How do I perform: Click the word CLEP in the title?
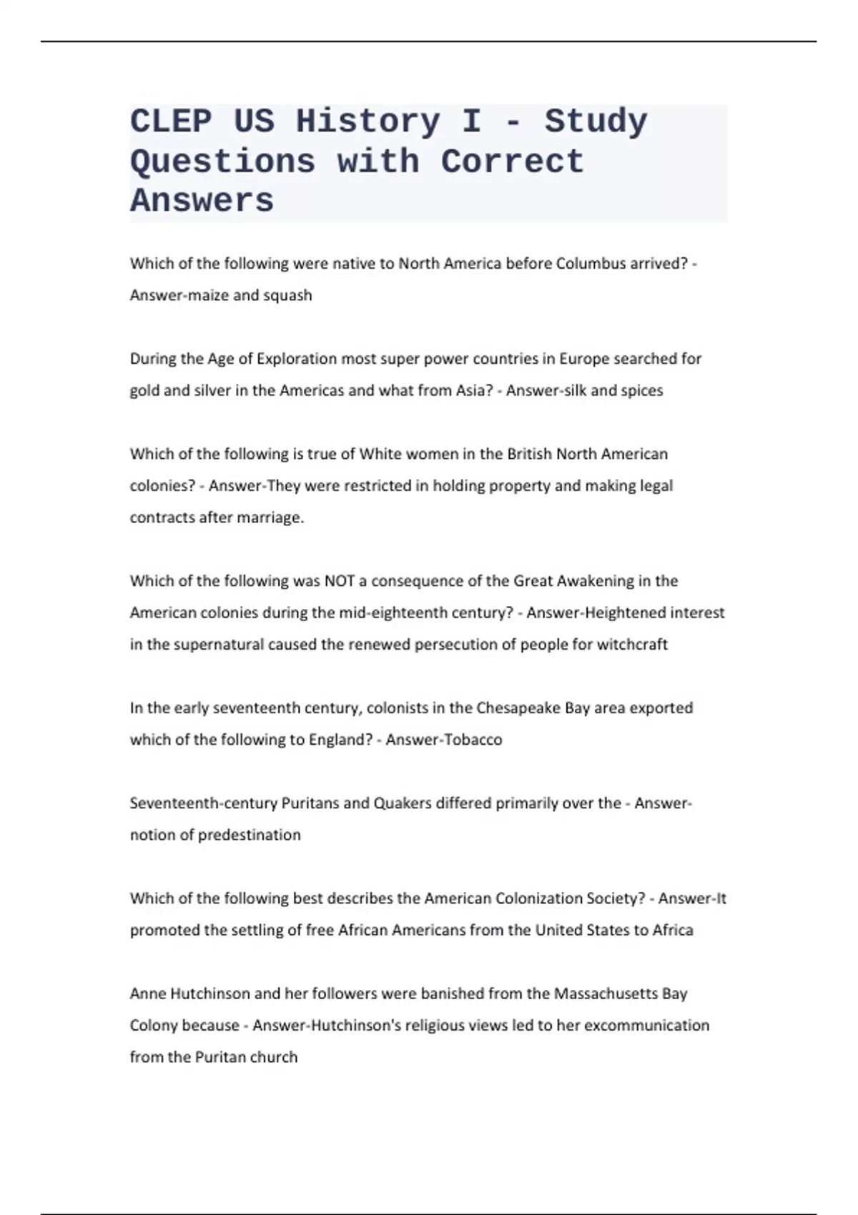[x=171, y=121]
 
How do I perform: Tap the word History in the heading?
[x=368, y=121]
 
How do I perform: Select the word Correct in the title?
[x=512, y=162]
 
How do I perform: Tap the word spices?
[x=642, y=391]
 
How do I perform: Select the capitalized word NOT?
[x=340, y=581]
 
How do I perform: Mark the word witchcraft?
[x=632, y=645]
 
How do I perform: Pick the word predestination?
[x=249, y=835]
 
